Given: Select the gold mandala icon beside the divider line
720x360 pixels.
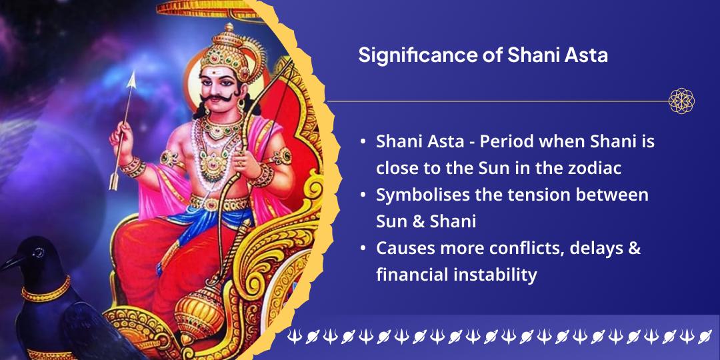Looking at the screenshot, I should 681,101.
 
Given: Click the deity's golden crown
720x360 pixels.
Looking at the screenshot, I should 224,50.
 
